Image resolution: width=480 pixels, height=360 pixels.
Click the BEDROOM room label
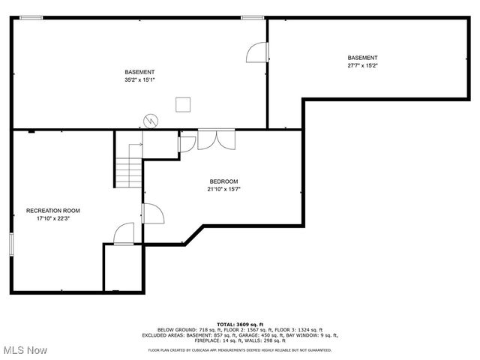223,181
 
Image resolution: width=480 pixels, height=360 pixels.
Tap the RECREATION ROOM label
52,211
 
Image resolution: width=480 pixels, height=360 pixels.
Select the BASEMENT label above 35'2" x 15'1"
139,72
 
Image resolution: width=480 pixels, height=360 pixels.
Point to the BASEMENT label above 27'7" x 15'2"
362,58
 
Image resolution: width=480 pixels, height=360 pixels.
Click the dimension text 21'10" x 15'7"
223,189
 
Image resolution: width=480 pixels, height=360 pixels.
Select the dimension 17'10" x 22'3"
52,219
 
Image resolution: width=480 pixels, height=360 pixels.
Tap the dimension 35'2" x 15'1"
139,79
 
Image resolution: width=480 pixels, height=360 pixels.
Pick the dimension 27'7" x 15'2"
362,65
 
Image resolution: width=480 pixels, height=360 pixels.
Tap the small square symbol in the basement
183,104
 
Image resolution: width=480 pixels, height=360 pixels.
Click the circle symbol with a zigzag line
151,120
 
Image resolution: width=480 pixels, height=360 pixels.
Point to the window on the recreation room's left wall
11,244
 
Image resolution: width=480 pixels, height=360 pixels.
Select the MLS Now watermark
24,350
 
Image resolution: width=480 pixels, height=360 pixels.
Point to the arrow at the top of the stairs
135,145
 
